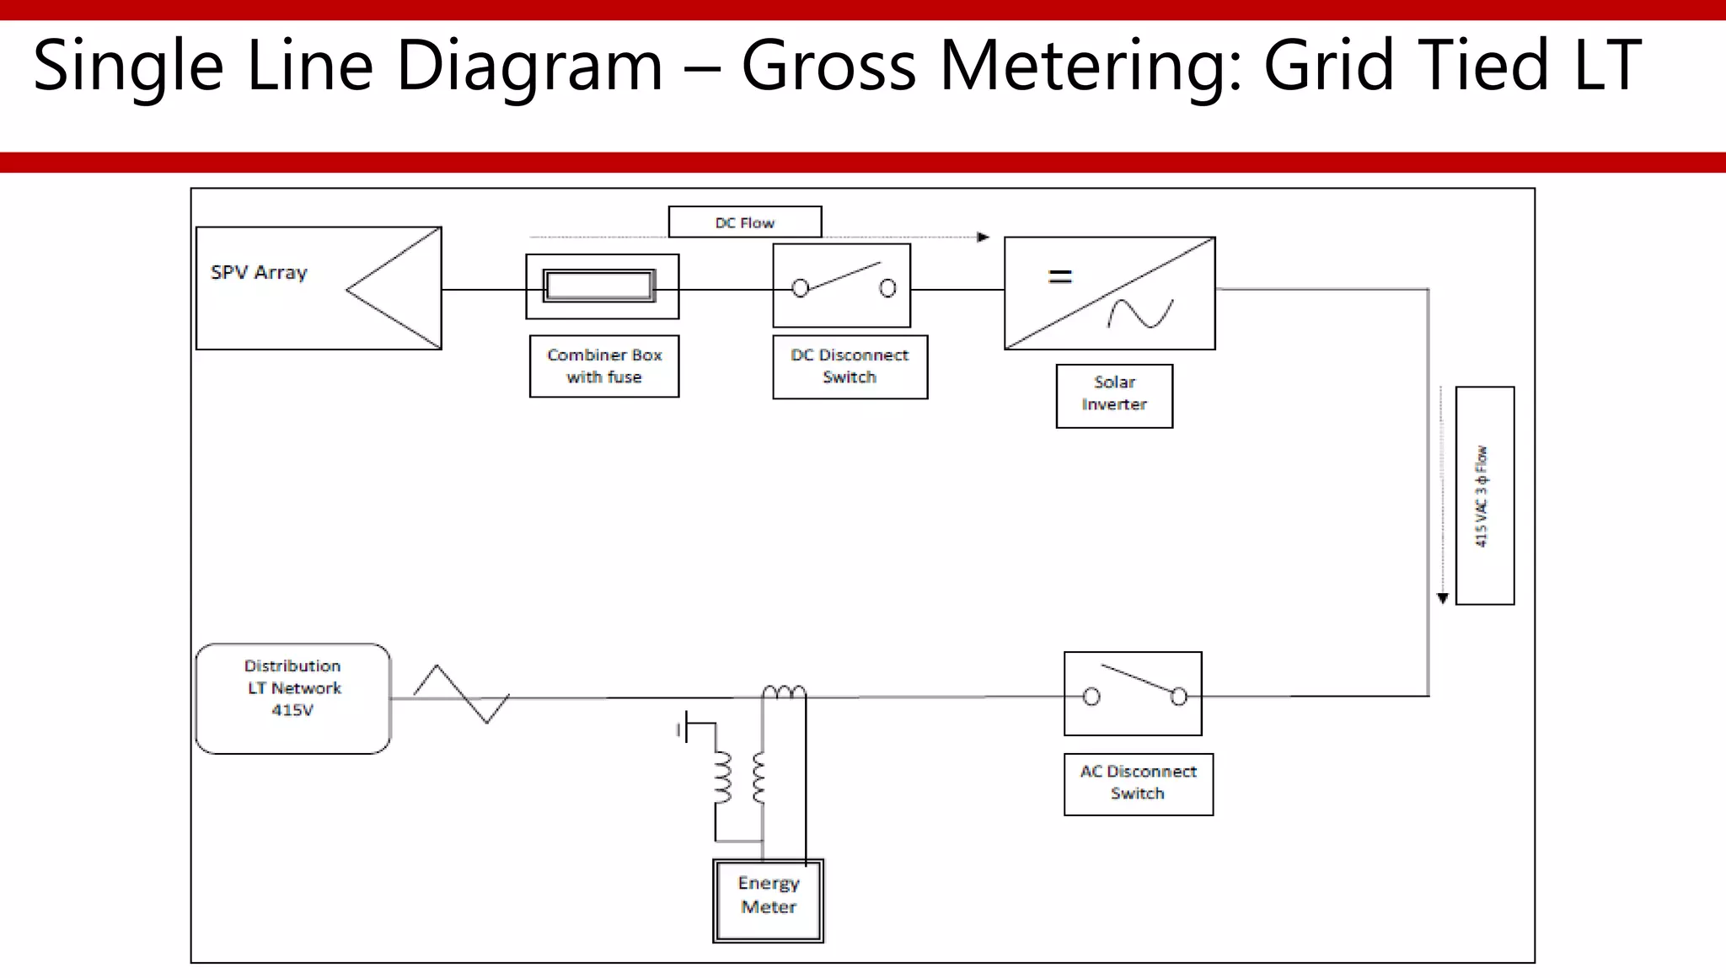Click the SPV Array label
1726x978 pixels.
260,273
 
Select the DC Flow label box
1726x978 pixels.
745,222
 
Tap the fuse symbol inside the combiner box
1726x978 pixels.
599,286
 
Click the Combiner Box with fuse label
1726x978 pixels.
604,366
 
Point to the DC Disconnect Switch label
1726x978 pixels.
850,366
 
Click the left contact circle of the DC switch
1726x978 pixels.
801,289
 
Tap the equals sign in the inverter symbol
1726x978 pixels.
1059,276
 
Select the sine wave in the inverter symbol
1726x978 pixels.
1140,313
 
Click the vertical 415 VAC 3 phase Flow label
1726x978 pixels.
1484,495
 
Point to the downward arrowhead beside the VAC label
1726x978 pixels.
1443,598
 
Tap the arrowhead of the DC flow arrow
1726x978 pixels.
983,238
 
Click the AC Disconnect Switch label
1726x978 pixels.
1138,783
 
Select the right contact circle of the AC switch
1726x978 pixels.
1179,697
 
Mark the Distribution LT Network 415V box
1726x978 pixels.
293,697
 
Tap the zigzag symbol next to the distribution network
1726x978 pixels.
461,695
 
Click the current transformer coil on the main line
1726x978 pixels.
784,692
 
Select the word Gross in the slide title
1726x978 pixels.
828,66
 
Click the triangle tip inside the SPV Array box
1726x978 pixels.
348,290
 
